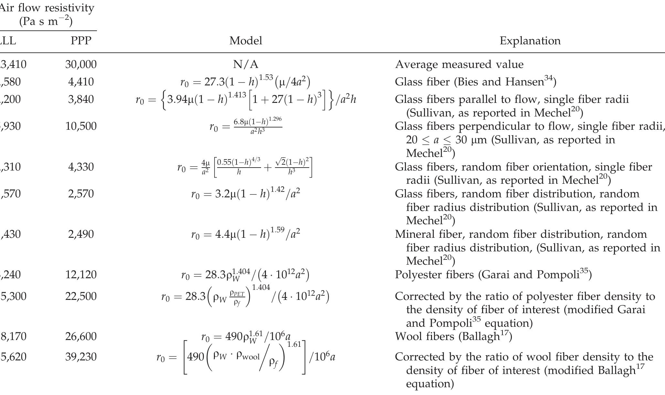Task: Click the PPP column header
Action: [x=81, y=41]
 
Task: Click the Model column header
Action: [x=246, y=41]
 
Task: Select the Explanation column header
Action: [x=530, y=41]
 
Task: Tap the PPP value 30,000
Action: [x=81, y=64]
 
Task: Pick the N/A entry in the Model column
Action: [x=246, y=64]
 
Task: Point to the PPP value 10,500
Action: [x=81, y=126]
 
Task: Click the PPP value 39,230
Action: [x=81, y=357]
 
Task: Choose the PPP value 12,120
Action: [x=81, y=274]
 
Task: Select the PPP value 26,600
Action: [x=81, y=336]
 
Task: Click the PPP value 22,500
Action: [x=81, y=296]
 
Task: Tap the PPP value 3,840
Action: [x=81, y=99]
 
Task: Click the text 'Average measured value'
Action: [x=459, y=64]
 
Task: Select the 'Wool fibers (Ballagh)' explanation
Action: [x=453, y=336]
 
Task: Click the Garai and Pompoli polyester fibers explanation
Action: [x=493, y=274]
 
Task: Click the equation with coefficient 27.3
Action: [x=245, y=82]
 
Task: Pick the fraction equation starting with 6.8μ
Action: [x=246, y=126]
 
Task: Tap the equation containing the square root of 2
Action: [x=245, y=167]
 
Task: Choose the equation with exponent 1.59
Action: [x=246, y=234]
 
